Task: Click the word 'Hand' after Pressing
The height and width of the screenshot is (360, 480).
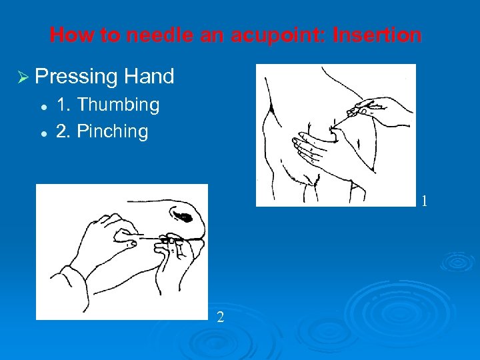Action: pyautogui.click(x=149, y=77)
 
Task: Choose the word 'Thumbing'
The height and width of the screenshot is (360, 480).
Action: pyautogui.click(x=117, y=105)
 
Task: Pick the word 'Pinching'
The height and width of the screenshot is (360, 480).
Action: pyautogui.click(x=112, y=131)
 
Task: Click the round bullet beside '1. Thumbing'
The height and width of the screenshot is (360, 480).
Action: pyautogui.click(x=42, y=106)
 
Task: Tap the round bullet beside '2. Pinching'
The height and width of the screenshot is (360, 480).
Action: pyautogui.click(x=42, y=132)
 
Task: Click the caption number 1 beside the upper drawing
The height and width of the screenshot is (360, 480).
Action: pyautogui.click(x=424, y=201)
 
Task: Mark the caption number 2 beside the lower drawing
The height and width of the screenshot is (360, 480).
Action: pyautogui.click(x=220, y=317)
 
